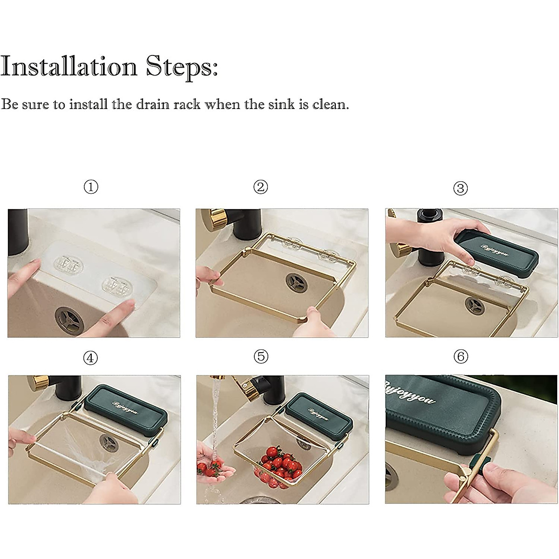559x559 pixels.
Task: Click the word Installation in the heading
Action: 69,67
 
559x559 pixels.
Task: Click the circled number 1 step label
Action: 91,187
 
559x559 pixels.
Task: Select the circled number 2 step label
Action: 260,187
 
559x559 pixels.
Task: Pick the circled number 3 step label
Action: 460,188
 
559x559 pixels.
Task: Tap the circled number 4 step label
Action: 90,358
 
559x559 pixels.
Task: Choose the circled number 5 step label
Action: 261,356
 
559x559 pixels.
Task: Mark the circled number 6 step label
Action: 461,356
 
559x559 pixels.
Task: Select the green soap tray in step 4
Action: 126,410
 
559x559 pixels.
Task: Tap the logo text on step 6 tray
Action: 409,393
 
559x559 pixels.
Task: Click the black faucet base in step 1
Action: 18,232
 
